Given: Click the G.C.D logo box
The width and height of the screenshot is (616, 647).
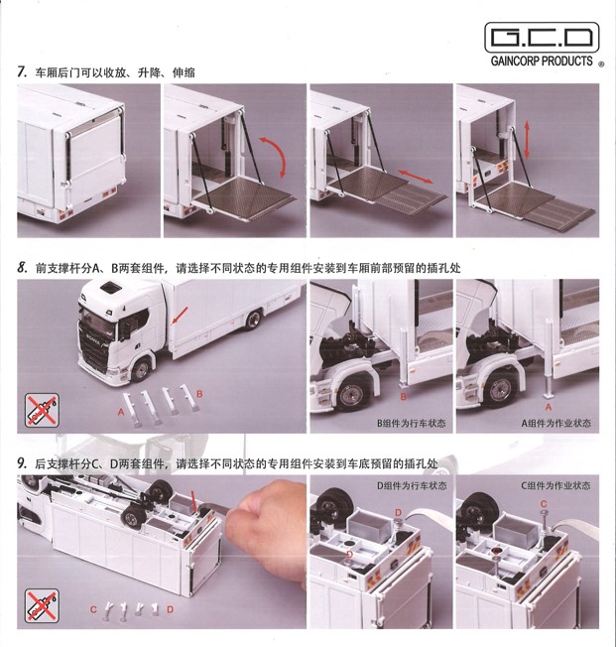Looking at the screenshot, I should click(544, 40).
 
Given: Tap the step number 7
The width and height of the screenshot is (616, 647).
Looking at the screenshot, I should click(21, 72).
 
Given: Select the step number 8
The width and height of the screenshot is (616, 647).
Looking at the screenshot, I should click(21, 268).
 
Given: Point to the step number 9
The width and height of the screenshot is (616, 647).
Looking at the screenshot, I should click(21, 463).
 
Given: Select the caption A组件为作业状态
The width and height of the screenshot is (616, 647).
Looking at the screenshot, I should click(555, 424).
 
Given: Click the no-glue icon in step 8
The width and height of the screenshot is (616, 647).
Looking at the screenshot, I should click(41, 410).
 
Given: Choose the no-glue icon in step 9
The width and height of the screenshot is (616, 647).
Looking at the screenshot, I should click(41, 605).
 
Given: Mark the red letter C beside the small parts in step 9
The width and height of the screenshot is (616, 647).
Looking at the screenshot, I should click(93, 607).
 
